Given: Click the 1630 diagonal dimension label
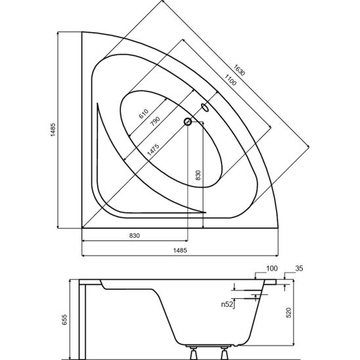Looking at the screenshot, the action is pos(240,70).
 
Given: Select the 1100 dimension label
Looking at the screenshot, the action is pos(231,80).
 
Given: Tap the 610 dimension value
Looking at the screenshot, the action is pos(143,114).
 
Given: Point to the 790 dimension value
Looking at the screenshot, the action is pos(155,122).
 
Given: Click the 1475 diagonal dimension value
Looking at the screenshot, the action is pos(153,150).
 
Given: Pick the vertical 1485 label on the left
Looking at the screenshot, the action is pos(53,129).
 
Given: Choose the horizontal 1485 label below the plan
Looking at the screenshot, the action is pos(180,250).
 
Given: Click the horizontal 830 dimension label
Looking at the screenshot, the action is pos(135,236).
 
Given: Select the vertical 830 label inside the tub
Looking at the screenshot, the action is pos(198,175).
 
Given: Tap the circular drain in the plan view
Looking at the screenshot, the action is pos(188,122).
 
